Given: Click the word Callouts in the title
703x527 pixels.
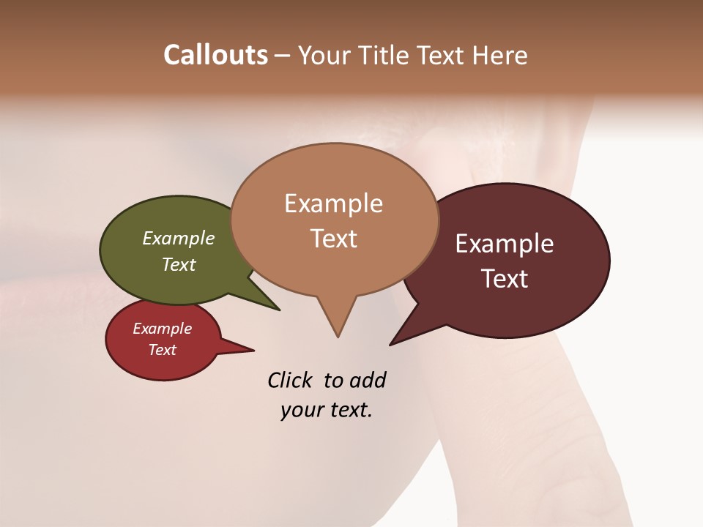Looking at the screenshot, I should point(215,55).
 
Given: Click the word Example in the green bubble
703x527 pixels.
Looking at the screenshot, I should point(178,238).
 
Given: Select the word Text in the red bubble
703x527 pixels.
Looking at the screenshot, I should point(163,350).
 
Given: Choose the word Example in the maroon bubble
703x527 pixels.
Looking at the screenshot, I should point(505,244).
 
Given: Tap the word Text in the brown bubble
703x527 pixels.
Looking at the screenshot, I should point(334,239).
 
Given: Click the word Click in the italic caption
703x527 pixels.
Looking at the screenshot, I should point(290,380).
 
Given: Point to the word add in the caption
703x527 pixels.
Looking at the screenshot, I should point(368,380).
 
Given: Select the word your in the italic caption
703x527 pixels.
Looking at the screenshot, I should point(300,410).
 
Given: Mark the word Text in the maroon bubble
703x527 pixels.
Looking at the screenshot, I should point(505,279).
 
